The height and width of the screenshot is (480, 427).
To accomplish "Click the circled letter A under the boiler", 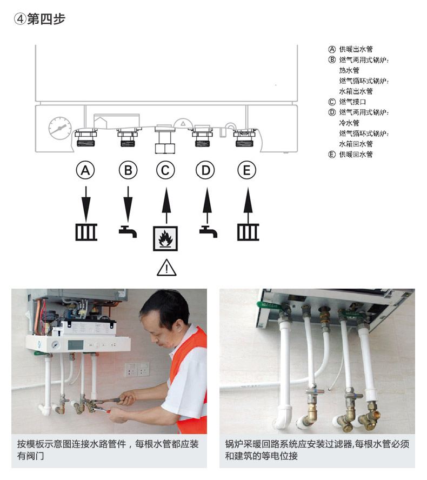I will click(x=85, y=171).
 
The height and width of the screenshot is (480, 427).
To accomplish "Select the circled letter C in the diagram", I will click(x=166, y=171).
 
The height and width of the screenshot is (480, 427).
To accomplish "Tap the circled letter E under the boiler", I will click(x=247, y=171).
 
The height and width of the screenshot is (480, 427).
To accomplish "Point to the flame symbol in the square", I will click(x=166, y=238).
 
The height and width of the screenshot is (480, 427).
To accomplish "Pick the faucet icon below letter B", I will click(x=128, y=231).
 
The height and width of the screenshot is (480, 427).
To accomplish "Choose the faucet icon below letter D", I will click(x=208, y=231).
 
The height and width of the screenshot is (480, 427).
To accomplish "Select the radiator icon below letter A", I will click(x=86, y=232).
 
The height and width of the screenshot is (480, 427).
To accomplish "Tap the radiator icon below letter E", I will click(x=248, y=232).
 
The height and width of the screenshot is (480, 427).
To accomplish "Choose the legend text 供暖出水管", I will click(x=356, y=49).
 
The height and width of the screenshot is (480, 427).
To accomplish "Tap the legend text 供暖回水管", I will click(x=356, y=155).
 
